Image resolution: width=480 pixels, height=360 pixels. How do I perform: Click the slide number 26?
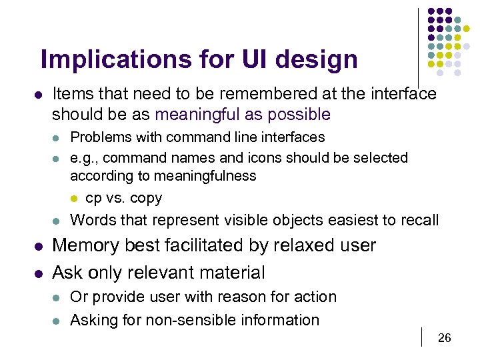tap(444, 339)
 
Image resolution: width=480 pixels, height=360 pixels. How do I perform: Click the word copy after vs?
tap(146, 198)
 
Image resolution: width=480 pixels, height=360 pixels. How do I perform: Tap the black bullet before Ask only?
tap(39, 273)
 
